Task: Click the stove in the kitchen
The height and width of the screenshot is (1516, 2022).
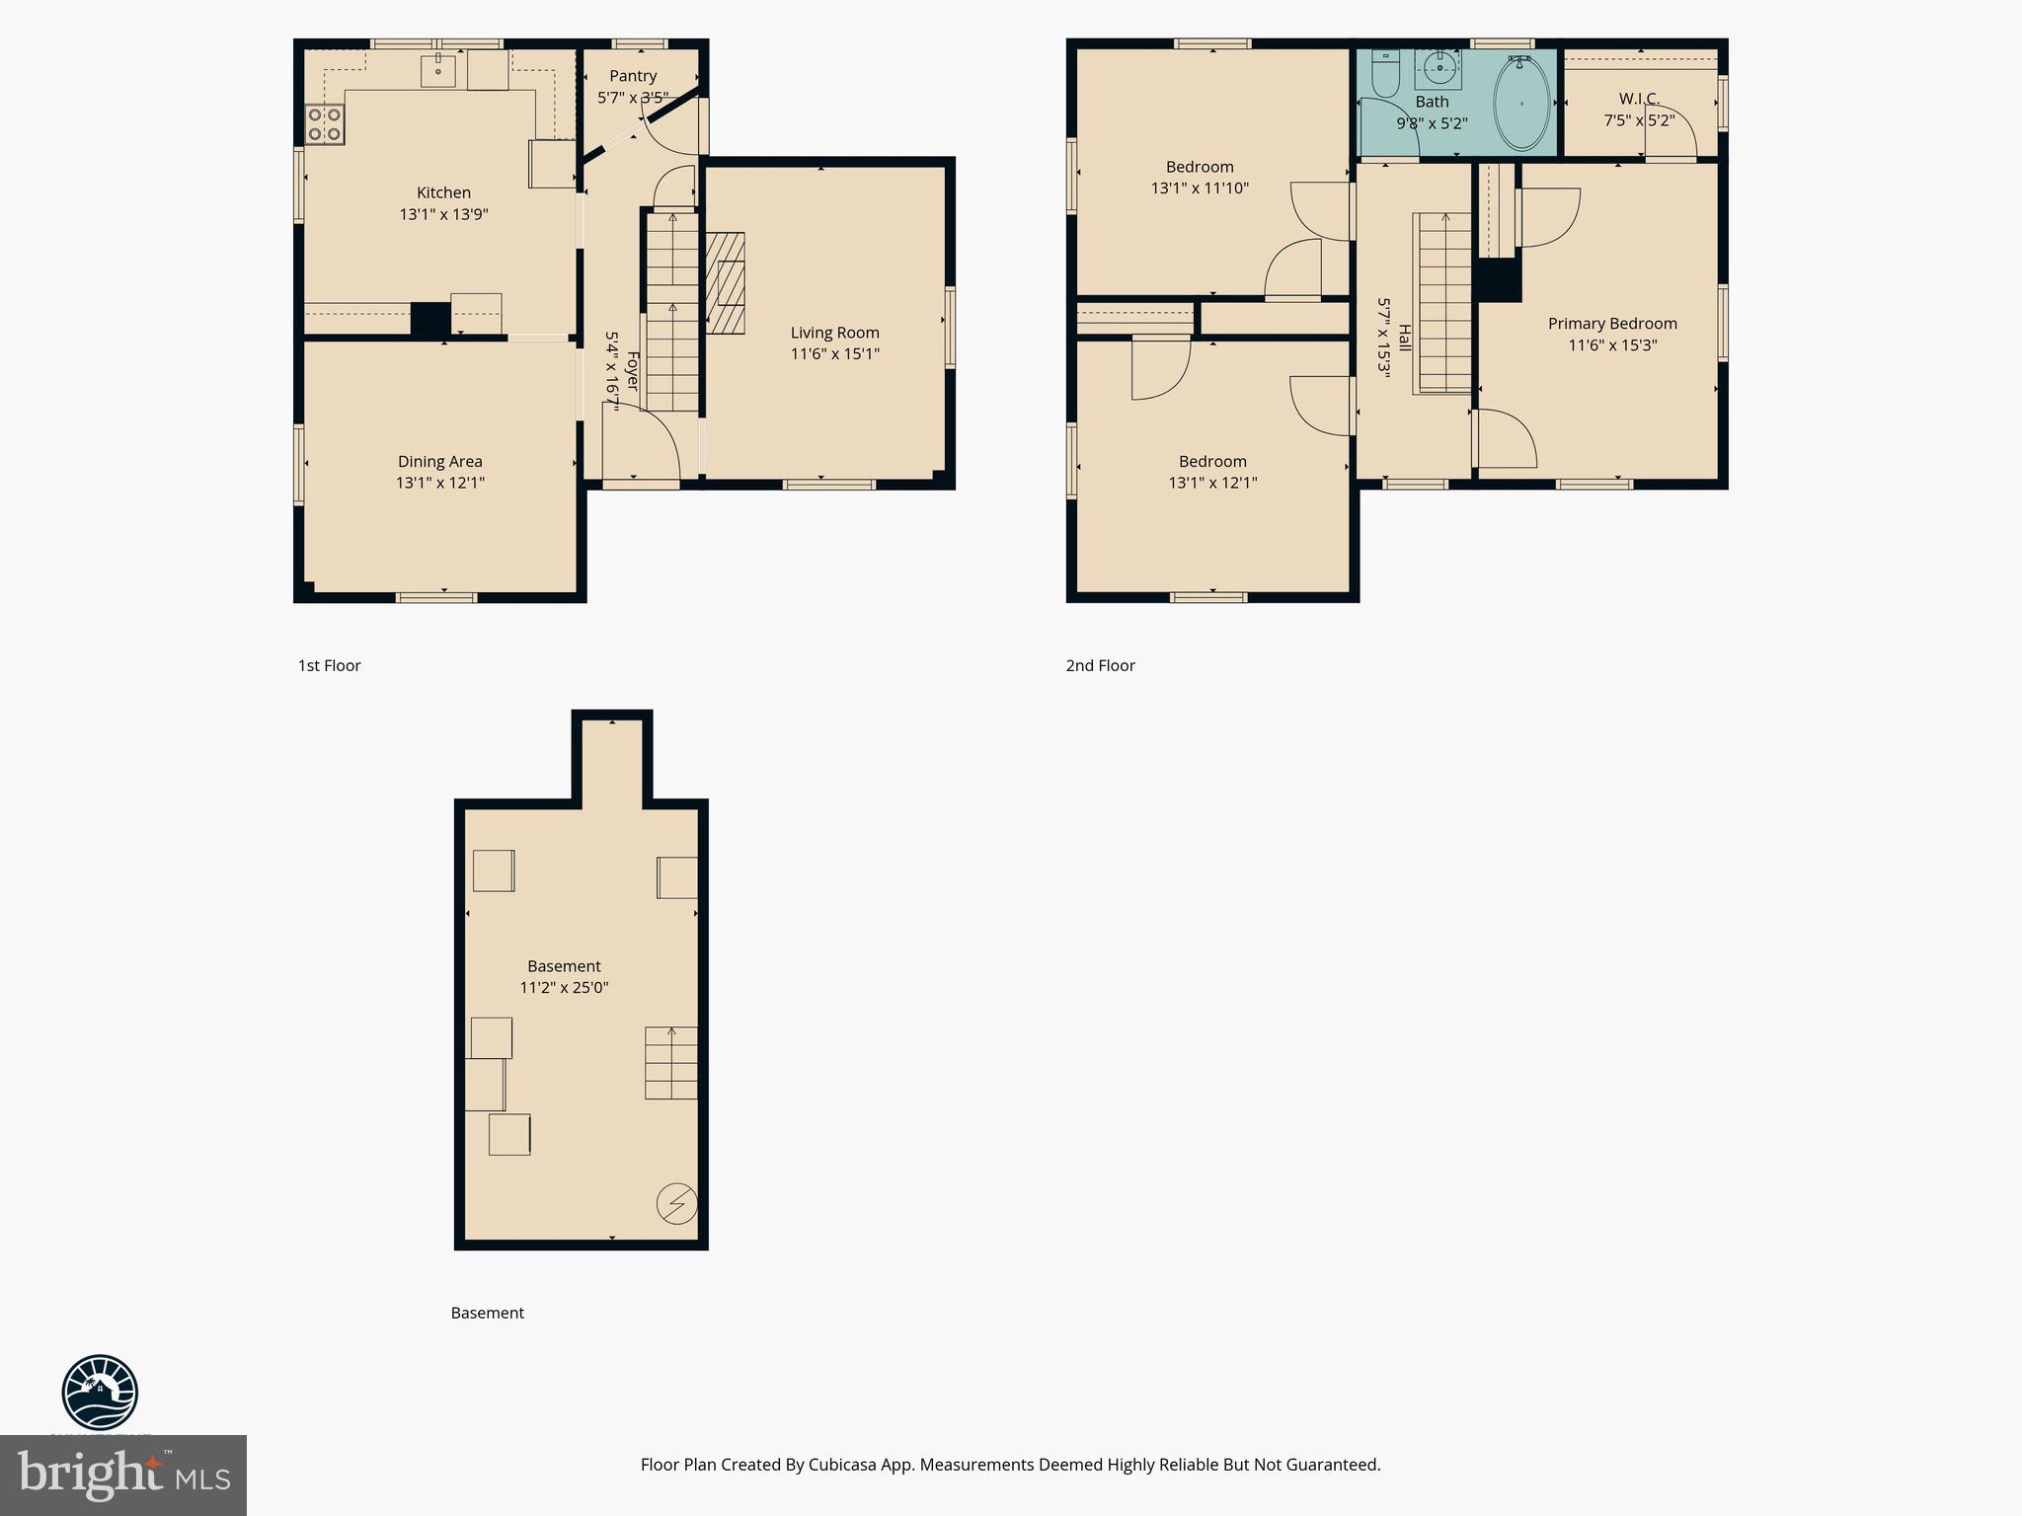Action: pyautogui.click(x=324, y=124)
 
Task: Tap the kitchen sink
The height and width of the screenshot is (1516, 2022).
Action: pyautogui.click(x=438, y=71)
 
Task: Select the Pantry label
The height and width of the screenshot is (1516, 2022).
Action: pyautogui.click(x=633, y=76)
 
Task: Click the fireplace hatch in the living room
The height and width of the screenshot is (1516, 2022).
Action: pyautogui.click(x=724, y=284)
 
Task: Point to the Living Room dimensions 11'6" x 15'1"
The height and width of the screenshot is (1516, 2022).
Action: pyautogui.click(x=834, y=353)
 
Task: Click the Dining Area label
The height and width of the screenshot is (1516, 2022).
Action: pyautogui.click(x=439, y=461)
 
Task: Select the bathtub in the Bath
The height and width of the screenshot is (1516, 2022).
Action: pyautogui.click(x=1521, y=103)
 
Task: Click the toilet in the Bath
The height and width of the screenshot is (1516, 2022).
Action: pyautogui.click(x=1384, y=76)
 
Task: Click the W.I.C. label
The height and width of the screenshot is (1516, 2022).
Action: pyautogui.click(x=1639, y=99)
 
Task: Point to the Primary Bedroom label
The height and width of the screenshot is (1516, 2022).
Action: pyautogui.click(x=1612, y=324)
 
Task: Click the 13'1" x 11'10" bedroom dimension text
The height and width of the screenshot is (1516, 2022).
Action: pyautogui.click(x=1200, y=188)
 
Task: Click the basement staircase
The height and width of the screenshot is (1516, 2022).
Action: pyautogui.click(x=671, y=1063)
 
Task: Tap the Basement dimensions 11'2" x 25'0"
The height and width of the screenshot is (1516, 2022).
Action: pyautogui.click(x=564, y=987)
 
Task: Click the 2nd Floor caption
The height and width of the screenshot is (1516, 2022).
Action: pyautogui.click(x=1100, y=665)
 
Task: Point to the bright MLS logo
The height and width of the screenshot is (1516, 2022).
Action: pyautogui.click(x=123, y=1475)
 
